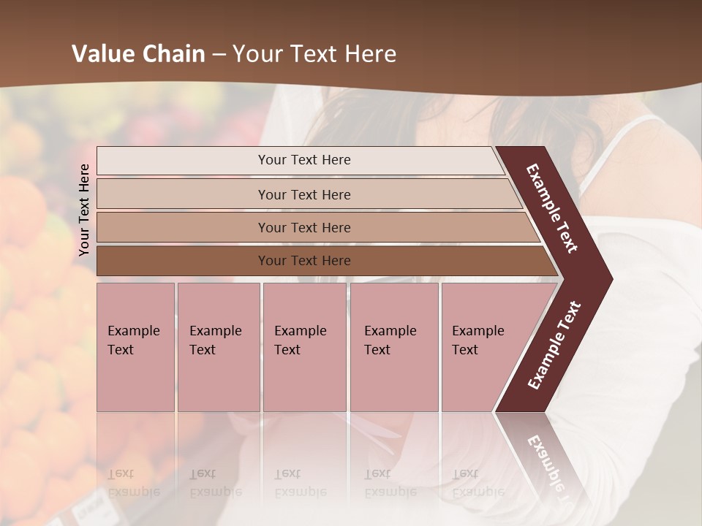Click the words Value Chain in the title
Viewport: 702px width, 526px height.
(138, 54)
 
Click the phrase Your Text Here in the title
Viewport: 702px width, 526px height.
(314, 54)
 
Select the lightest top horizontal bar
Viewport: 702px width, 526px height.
(300, 160)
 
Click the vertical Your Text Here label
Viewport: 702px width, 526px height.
(85, 210)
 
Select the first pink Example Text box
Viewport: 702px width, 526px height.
(135, 346)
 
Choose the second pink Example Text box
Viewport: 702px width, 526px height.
(218, 346)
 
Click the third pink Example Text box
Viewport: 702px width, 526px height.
(304, 346)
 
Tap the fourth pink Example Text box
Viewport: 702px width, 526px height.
(394, 346)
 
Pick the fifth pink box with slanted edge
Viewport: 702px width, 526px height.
(483, 346)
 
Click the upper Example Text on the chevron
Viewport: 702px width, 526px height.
(552, 209)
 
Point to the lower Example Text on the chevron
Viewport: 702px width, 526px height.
(554, 346)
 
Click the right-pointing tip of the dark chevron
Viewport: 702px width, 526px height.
(608, 279)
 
